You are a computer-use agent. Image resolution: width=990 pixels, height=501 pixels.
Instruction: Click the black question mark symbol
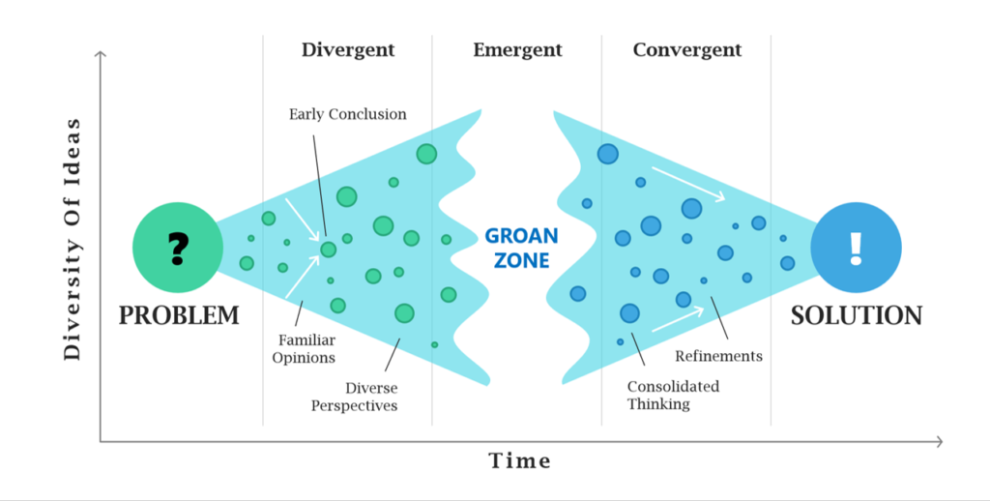tap(179, 249)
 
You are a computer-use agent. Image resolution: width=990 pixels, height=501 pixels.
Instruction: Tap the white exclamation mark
tap(856, 249)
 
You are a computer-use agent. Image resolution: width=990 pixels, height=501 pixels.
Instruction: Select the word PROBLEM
tap(179, 315)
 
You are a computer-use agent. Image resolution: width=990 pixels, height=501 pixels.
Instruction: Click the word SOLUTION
tap(857, 315)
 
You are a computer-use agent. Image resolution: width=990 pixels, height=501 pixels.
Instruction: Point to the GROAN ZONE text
tap(521, 248)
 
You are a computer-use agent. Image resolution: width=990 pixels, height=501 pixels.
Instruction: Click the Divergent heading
tap(348, 50)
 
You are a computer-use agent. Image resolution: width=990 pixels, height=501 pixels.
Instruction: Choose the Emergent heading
tap(518, 50)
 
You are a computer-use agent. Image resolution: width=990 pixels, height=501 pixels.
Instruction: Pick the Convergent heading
tap(687, 50)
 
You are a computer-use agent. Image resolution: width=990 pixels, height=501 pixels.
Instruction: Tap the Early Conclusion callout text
tap(348, 114)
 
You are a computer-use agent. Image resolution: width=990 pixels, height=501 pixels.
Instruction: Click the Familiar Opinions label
tap(304, 349)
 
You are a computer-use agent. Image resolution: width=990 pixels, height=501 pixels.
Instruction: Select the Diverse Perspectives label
tap(354, 397)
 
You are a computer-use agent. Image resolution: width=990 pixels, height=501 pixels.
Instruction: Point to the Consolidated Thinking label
tap(673, 395)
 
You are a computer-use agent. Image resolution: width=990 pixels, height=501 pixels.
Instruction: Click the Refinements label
tap(718, 356)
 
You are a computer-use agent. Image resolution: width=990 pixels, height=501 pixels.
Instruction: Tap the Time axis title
tap(520, 460)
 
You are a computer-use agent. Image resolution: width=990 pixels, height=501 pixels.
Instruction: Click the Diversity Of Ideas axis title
tap(73, 240)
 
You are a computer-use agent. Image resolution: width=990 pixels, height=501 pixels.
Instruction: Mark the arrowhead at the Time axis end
tap(940, 442)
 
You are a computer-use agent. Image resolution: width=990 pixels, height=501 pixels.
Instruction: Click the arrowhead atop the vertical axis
tap(100, 55)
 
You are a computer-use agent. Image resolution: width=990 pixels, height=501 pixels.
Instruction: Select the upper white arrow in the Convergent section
tap(688, 184)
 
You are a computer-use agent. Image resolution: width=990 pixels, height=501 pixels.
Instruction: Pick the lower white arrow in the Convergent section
tap(678, 319)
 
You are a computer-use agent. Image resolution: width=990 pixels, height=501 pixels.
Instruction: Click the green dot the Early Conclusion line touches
tap(329, 249)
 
